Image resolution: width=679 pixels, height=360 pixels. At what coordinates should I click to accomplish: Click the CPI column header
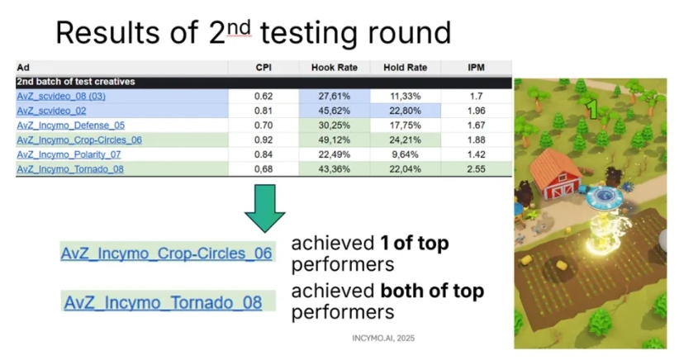click(264, 68)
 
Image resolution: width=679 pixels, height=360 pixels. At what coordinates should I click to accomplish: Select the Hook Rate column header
click(335, 68)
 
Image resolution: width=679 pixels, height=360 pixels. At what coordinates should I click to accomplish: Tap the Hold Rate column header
click(406, 68)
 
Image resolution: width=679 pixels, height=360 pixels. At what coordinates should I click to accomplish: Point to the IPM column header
click(476, 68)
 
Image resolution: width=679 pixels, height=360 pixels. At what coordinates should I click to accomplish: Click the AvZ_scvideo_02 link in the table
click(51, 111)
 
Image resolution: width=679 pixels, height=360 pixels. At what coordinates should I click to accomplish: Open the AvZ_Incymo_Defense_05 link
click(70, 126)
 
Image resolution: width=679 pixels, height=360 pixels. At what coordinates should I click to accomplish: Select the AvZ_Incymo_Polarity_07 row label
click(69, 154)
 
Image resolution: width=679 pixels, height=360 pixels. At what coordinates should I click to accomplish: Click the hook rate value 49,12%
click(335, 140)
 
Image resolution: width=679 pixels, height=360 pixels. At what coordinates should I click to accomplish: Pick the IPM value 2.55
click(476, 169)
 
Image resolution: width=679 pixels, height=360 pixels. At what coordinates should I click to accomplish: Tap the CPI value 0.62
click(264, 96)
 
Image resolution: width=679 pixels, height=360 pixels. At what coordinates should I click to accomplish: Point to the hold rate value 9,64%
click(406, 154)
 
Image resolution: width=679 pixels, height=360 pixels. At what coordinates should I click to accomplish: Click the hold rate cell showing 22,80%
click(406, 111)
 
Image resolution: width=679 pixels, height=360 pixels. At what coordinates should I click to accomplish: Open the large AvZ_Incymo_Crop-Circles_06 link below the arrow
click(166, 253)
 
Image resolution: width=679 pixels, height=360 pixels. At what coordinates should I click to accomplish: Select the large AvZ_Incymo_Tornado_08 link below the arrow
click(163, 302)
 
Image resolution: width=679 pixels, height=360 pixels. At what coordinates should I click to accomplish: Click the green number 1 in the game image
click(591, 109)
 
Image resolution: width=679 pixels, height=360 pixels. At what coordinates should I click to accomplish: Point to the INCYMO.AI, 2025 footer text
click(383, 339)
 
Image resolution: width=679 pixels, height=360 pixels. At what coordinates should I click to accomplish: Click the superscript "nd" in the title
click(239, 28)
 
